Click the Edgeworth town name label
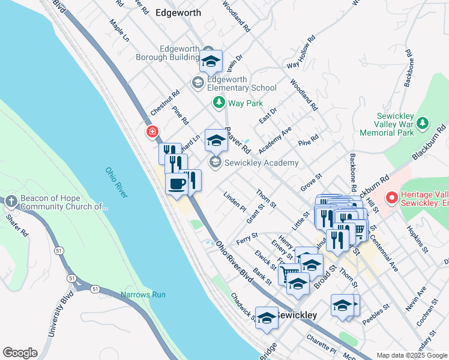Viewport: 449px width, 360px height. (178, 12)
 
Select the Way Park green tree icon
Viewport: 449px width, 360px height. (219, 103)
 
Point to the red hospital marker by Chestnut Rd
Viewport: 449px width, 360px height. (152, 131)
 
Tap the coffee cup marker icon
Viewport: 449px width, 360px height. (176, 184)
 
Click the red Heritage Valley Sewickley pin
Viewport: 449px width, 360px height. (392, 197)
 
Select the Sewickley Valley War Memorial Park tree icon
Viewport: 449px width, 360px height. (423, 123)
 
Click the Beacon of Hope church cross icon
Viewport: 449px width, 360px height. (11, 201)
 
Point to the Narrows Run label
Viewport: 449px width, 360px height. (143, 295)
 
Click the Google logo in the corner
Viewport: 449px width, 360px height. (20, 353)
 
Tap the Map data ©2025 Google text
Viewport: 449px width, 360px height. (411, 355)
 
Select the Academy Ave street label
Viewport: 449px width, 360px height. (275, 139)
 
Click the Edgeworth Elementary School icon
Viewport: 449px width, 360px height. (197, 83)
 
